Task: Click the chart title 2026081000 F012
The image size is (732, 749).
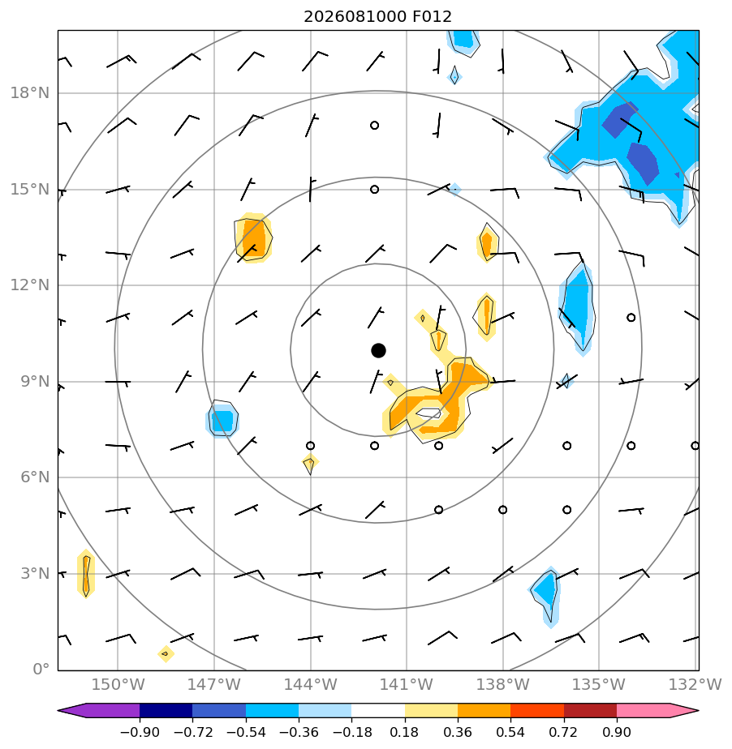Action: (x=377, y=17)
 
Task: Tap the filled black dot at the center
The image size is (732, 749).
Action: (x=378, y=351)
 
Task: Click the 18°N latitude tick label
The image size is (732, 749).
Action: (x=30, y=93)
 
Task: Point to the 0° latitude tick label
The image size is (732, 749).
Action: (x=41, y=669)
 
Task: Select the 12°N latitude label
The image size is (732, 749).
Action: (x=30, y=285)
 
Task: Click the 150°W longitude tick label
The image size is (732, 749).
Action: (x=118, y=684)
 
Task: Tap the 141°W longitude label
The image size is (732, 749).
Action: (x=406, y=684)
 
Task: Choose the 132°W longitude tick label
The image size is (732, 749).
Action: (x=695, y=684)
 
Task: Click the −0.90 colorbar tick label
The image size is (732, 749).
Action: (x=140, y=732)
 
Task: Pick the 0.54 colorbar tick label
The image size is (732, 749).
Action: (x=510, y=732)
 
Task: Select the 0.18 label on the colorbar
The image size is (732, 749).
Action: (x=404, y=732)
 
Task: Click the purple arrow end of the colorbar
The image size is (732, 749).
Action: (x=98, y=710)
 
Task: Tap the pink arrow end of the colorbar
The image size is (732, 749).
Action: (x=658, y=710)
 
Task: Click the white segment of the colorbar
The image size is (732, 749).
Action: (x=378, y=710)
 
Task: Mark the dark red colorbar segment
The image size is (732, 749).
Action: (x=590, y=710)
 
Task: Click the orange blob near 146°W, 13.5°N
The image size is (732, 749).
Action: (x=253, y=238)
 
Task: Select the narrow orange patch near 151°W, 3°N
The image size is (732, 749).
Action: (x=85, y=573)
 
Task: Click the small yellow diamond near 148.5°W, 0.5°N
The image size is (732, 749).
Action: (x=166, y=653)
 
